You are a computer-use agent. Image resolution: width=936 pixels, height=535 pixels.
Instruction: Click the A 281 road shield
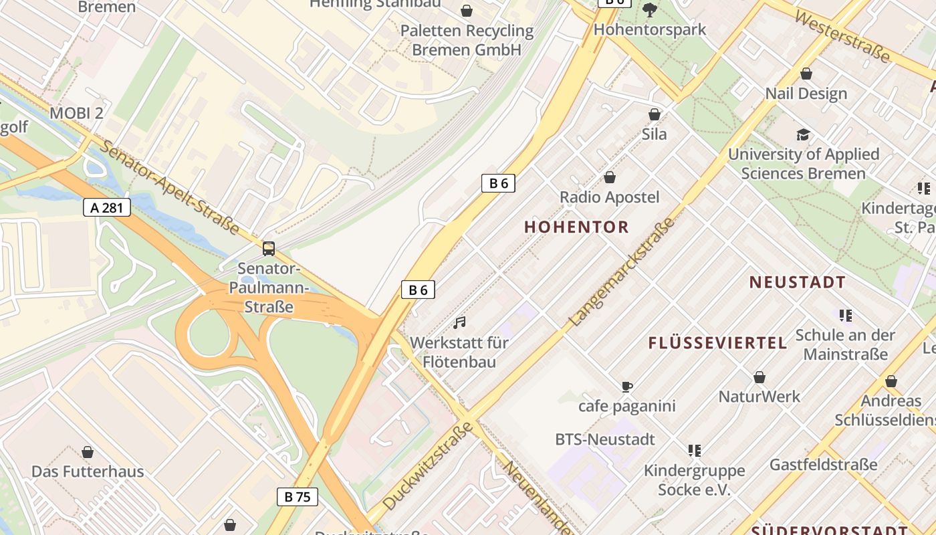coord(107,207)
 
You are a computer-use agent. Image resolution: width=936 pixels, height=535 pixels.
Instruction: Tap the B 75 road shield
coord(297,496)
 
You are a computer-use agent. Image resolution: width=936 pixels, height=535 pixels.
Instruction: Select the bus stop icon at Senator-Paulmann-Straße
coord(269,249)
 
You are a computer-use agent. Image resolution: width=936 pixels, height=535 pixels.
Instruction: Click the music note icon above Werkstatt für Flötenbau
coord(459,323)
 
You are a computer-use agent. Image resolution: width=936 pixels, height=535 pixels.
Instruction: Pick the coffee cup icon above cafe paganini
coord(626,387)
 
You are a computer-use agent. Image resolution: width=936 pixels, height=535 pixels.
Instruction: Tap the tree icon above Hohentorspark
coord(649,10)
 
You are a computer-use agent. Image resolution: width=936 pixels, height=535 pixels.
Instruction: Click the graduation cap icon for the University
coord(803,135)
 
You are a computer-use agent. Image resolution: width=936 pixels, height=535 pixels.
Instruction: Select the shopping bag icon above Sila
coord(655,115)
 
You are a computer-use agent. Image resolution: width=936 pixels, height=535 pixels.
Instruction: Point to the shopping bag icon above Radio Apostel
coord(609,177)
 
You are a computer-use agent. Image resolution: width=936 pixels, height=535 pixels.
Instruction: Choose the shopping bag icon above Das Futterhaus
coord(88,452)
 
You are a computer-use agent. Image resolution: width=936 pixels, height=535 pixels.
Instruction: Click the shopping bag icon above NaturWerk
coord(759,378)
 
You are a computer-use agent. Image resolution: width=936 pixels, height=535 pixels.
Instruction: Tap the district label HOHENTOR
coord(576,227)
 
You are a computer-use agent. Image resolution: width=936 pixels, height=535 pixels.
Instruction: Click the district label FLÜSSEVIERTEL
coord(717,343)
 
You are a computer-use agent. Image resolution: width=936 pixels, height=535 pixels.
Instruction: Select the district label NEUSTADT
coord(797,282)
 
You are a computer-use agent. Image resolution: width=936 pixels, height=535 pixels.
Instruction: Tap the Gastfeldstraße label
coord(823,464)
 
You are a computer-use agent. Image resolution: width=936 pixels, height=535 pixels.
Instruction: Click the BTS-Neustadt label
coord(605,439)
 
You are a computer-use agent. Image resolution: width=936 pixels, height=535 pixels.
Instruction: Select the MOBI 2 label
coord(76,113)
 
